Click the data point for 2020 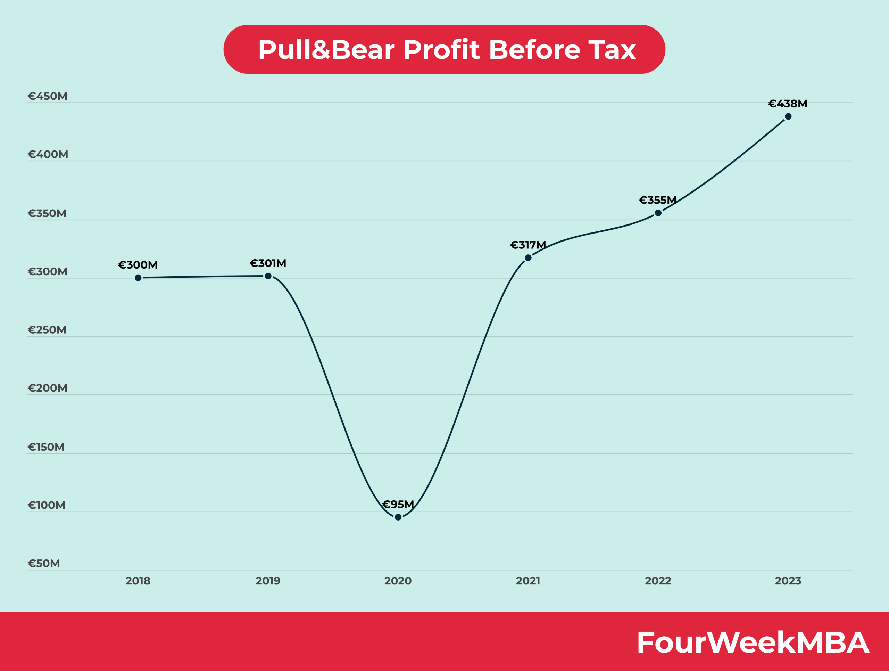click(398, 517)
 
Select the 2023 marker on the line click(788, 117)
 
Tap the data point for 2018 click(138, 278)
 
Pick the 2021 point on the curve click(528, 258)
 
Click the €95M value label click(398, 504)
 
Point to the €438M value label click(788, 104)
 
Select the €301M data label click(268, 263)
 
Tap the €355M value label click(658, 200)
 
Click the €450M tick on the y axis click(48, 96)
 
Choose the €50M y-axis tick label click(44, 563)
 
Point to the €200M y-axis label click(48, 388)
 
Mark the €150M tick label click(46, 447)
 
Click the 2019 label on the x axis click(268, 581)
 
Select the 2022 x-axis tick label click(658, 581)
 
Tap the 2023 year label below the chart click(788, 581)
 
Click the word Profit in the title click(441, 50)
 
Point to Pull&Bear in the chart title click(326, 50)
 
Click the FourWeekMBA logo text click(753, 643)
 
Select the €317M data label click(528, 245)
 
